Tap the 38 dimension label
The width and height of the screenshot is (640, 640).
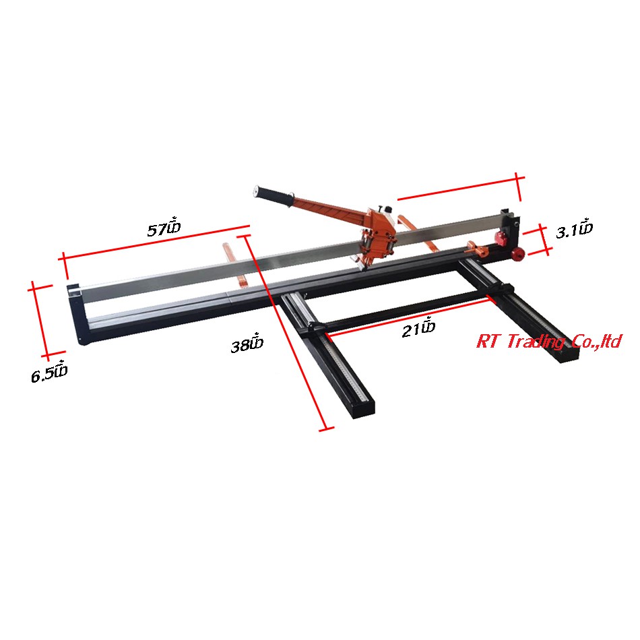point(247,344)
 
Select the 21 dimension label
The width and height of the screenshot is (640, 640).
point(418,328)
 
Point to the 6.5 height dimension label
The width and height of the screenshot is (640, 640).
point(49,373)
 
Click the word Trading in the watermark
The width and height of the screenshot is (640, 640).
point(536,342)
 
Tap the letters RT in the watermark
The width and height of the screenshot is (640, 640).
point(488,342)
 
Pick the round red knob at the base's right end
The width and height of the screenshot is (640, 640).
point(518,254)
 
